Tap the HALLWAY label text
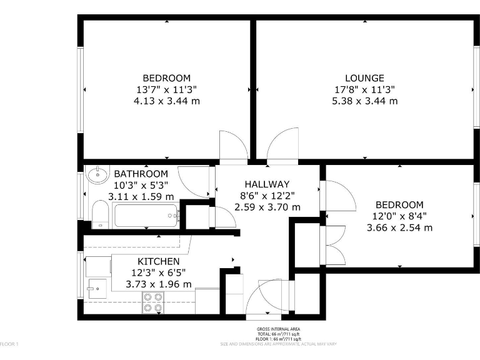click(x=267, y=184)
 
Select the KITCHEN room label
click(x=159, y=261)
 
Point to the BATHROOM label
click(x=141, y=174)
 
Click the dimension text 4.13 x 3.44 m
click(x=167, y=101)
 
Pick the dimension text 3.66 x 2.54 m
click(x=399, y=227)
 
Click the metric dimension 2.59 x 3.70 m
click(x=267, y=207)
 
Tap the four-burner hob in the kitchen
click(x=153, y=303)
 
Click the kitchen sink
click(x=94, y=288)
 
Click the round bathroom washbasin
click(x=97, y=174)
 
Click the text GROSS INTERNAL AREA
click(x=278, y=329)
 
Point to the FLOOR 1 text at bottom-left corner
click(x=9, y=344)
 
